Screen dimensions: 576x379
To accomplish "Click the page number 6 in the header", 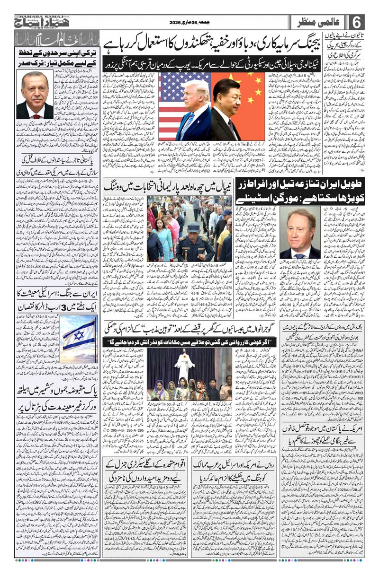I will (357, 22).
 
